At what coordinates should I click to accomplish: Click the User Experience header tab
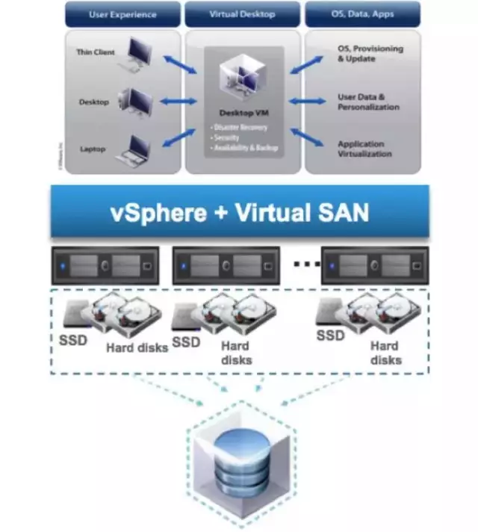click(122, 14)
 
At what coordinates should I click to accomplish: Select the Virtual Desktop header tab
click(242, 14)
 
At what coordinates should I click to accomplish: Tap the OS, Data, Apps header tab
click(363, 14)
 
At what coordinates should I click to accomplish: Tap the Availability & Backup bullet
click(246, 147)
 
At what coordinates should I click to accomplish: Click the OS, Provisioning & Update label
click(370, 54)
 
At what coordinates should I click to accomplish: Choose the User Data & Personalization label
click(368, 102)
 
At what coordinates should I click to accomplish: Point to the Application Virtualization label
click(364, 149)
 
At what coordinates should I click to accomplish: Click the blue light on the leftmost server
click(64, 265)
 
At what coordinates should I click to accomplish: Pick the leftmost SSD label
click(72, 341)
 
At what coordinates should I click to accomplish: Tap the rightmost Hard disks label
click(385, 353)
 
